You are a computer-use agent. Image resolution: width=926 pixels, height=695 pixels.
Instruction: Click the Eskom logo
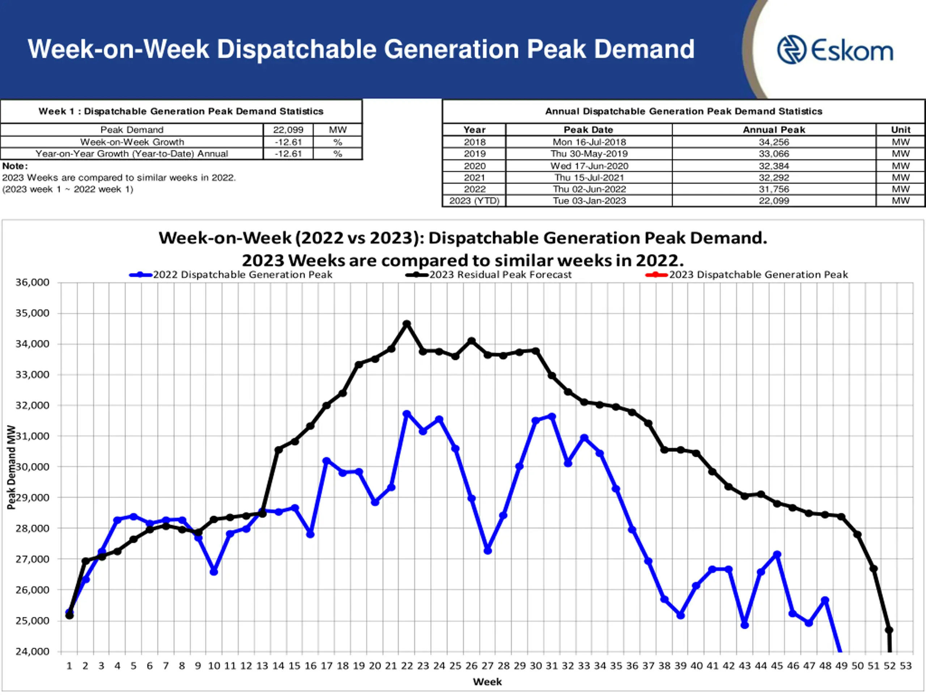[835, 50]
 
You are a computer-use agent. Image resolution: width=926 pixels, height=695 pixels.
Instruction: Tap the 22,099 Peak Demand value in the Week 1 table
[288, 130]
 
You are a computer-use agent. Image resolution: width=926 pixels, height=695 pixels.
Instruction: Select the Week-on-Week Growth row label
[132, 142]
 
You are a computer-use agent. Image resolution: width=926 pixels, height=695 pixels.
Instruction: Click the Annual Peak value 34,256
[774, 142]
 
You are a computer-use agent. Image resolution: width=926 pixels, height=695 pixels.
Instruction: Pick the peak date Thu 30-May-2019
[589, 154]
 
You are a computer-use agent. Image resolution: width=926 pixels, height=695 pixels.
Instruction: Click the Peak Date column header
[588, 130]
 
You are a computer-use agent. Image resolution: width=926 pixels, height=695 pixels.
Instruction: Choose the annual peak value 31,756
[774, 189]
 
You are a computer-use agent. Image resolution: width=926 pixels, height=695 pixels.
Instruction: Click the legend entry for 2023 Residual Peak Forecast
[500, 275]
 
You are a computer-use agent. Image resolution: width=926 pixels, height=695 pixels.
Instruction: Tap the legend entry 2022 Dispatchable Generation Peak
[242, 275]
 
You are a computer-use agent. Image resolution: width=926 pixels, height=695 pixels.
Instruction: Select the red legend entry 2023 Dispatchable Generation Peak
[758, 275]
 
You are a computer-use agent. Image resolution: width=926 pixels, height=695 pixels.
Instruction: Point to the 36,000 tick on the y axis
[32, 282]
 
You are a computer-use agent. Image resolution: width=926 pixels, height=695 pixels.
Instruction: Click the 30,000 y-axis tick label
[32, 467]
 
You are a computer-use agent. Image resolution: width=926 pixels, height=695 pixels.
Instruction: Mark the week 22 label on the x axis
[407, 666]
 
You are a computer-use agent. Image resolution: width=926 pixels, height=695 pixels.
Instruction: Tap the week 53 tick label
[905, 666]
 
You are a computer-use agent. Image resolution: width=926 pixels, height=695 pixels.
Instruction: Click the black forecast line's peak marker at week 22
[407, 324]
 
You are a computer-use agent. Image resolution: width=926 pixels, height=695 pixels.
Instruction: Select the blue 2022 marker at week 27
[487, 551]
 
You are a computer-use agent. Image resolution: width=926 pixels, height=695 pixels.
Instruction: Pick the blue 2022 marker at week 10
[214, 572]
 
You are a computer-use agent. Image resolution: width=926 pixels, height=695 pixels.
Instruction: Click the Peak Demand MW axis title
[11, 467]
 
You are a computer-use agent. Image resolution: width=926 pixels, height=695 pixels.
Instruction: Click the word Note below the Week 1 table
[15, 166]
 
